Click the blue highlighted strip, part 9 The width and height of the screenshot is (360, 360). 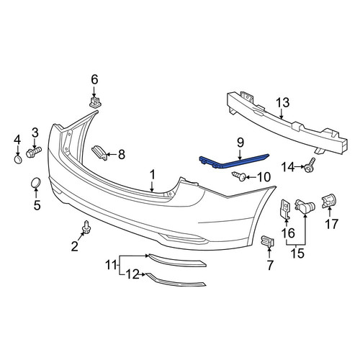[x=234, y=161]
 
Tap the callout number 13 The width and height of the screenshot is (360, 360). [x=282, y=103]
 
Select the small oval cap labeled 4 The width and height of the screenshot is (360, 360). [x=18, y=159]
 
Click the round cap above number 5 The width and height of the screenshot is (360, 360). [x=36, y=183]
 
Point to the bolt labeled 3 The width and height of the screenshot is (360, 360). [x=33, y=152]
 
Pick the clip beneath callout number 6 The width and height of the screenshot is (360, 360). [x=95, y=102]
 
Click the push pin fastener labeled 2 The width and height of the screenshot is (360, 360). [x=86, y=227]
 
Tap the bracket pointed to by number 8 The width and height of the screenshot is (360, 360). [x=99, y=152]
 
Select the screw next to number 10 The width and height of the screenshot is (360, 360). [x=239, y=176]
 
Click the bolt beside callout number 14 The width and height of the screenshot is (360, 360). [x=310, y=166]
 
